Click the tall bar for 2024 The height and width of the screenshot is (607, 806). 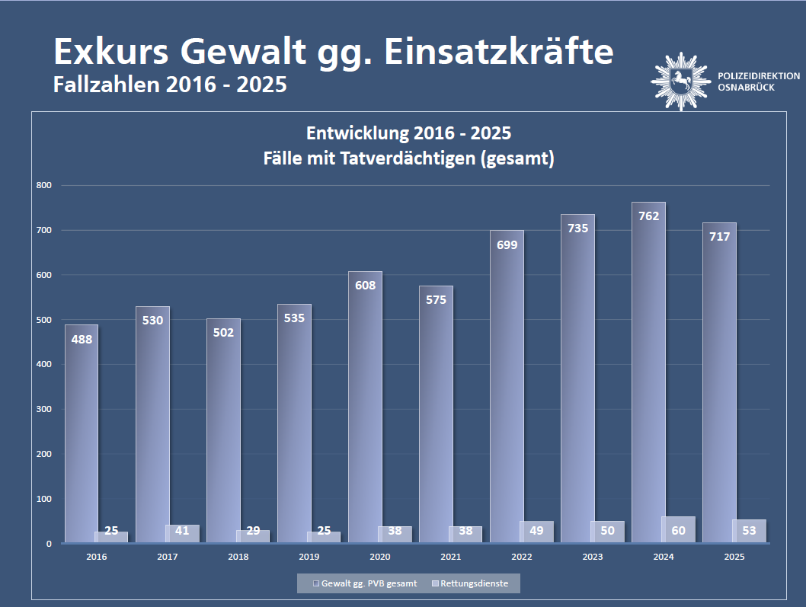click(648, 381)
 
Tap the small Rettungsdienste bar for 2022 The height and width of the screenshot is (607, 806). click(537, 532)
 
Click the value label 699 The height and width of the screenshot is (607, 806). click(507, 244)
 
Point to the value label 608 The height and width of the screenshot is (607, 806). click(365, 286)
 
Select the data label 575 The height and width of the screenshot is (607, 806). click(436, 300)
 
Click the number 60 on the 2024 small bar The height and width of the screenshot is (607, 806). click(679, 530)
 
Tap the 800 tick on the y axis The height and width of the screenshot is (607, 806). click(43, 185)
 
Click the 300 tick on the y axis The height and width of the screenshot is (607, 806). click(43, 409)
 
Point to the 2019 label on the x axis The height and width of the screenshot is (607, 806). click(309, 557)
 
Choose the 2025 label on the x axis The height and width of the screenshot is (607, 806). click(734, 557)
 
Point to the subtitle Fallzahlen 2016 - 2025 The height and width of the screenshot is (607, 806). click(170, 85)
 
